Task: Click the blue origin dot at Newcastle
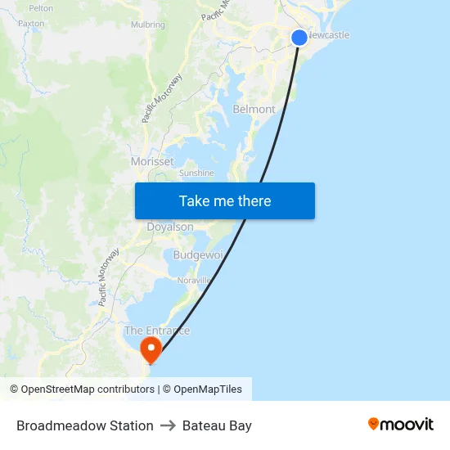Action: click(299, 37)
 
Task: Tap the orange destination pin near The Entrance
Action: click(151, 349)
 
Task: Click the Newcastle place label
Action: click(330, 35)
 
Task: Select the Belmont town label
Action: click(254, 109)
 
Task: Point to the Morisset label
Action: click(152, 162)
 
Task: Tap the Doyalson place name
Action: click(170, 227)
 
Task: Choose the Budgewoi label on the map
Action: click(198, 255)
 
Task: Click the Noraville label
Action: click(194, 280)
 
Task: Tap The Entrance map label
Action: click(156, 331)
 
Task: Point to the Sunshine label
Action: click(196, 173)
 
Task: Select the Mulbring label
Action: click(148, 25)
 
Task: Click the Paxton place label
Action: click(31, 24)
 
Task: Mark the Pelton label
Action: click(41, 8)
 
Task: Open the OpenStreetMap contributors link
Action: click(88, 389)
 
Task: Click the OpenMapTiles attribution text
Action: click(208, 389)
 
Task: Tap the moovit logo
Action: click(400, 425)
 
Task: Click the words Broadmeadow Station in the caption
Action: click(85, 425)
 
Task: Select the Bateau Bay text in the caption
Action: click(217, 425)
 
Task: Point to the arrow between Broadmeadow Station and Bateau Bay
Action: click(168, 425)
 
